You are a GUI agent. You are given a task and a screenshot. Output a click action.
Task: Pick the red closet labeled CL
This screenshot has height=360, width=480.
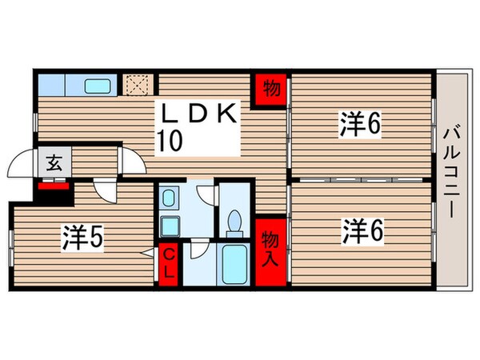point(170,261)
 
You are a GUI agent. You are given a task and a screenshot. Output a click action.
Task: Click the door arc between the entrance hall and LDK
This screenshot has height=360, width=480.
point(132,162)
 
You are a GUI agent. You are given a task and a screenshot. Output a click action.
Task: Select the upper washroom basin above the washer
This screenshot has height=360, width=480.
point(170,197)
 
